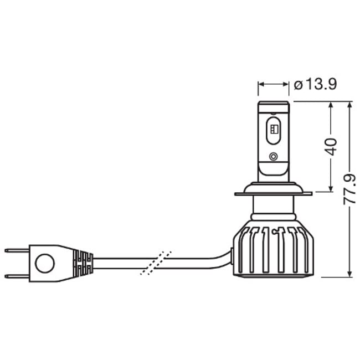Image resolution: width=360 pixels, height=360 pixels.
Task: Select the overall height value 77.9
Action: click(349, 189)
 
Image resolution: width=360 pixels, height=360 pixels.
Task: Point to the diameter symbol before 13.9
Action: click(298, 85)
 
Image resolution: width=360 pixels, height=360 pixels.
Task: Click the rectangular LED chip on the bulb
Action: click(273, 128)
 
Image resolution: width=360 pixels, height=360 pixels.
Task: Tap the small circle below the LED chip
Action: click(273, 156)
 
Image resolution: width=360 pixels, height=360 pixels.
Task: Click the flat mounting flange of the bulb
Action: click(273, 193)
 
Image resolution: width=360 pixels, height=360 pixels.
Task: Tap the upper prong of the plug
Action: click(17, 250)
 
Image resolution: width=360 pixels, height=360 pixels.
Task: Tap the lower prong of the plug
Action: click(17, 275)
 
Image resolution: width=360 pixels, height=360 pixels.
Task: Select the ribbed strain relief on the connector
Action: click(83, 262)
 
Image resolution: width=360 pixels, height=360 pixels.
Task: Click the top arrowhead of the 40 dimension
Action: click(331, 105)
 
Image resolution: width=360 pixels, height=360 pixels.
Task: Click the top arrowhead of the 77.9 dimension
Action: click(349, 105)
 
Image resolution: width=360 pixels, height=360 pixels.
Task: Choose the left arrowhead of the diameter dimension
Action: click(261, 85)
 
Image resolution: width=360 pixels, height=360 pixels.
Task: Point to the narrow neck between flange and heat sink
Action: click(273, 209)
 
